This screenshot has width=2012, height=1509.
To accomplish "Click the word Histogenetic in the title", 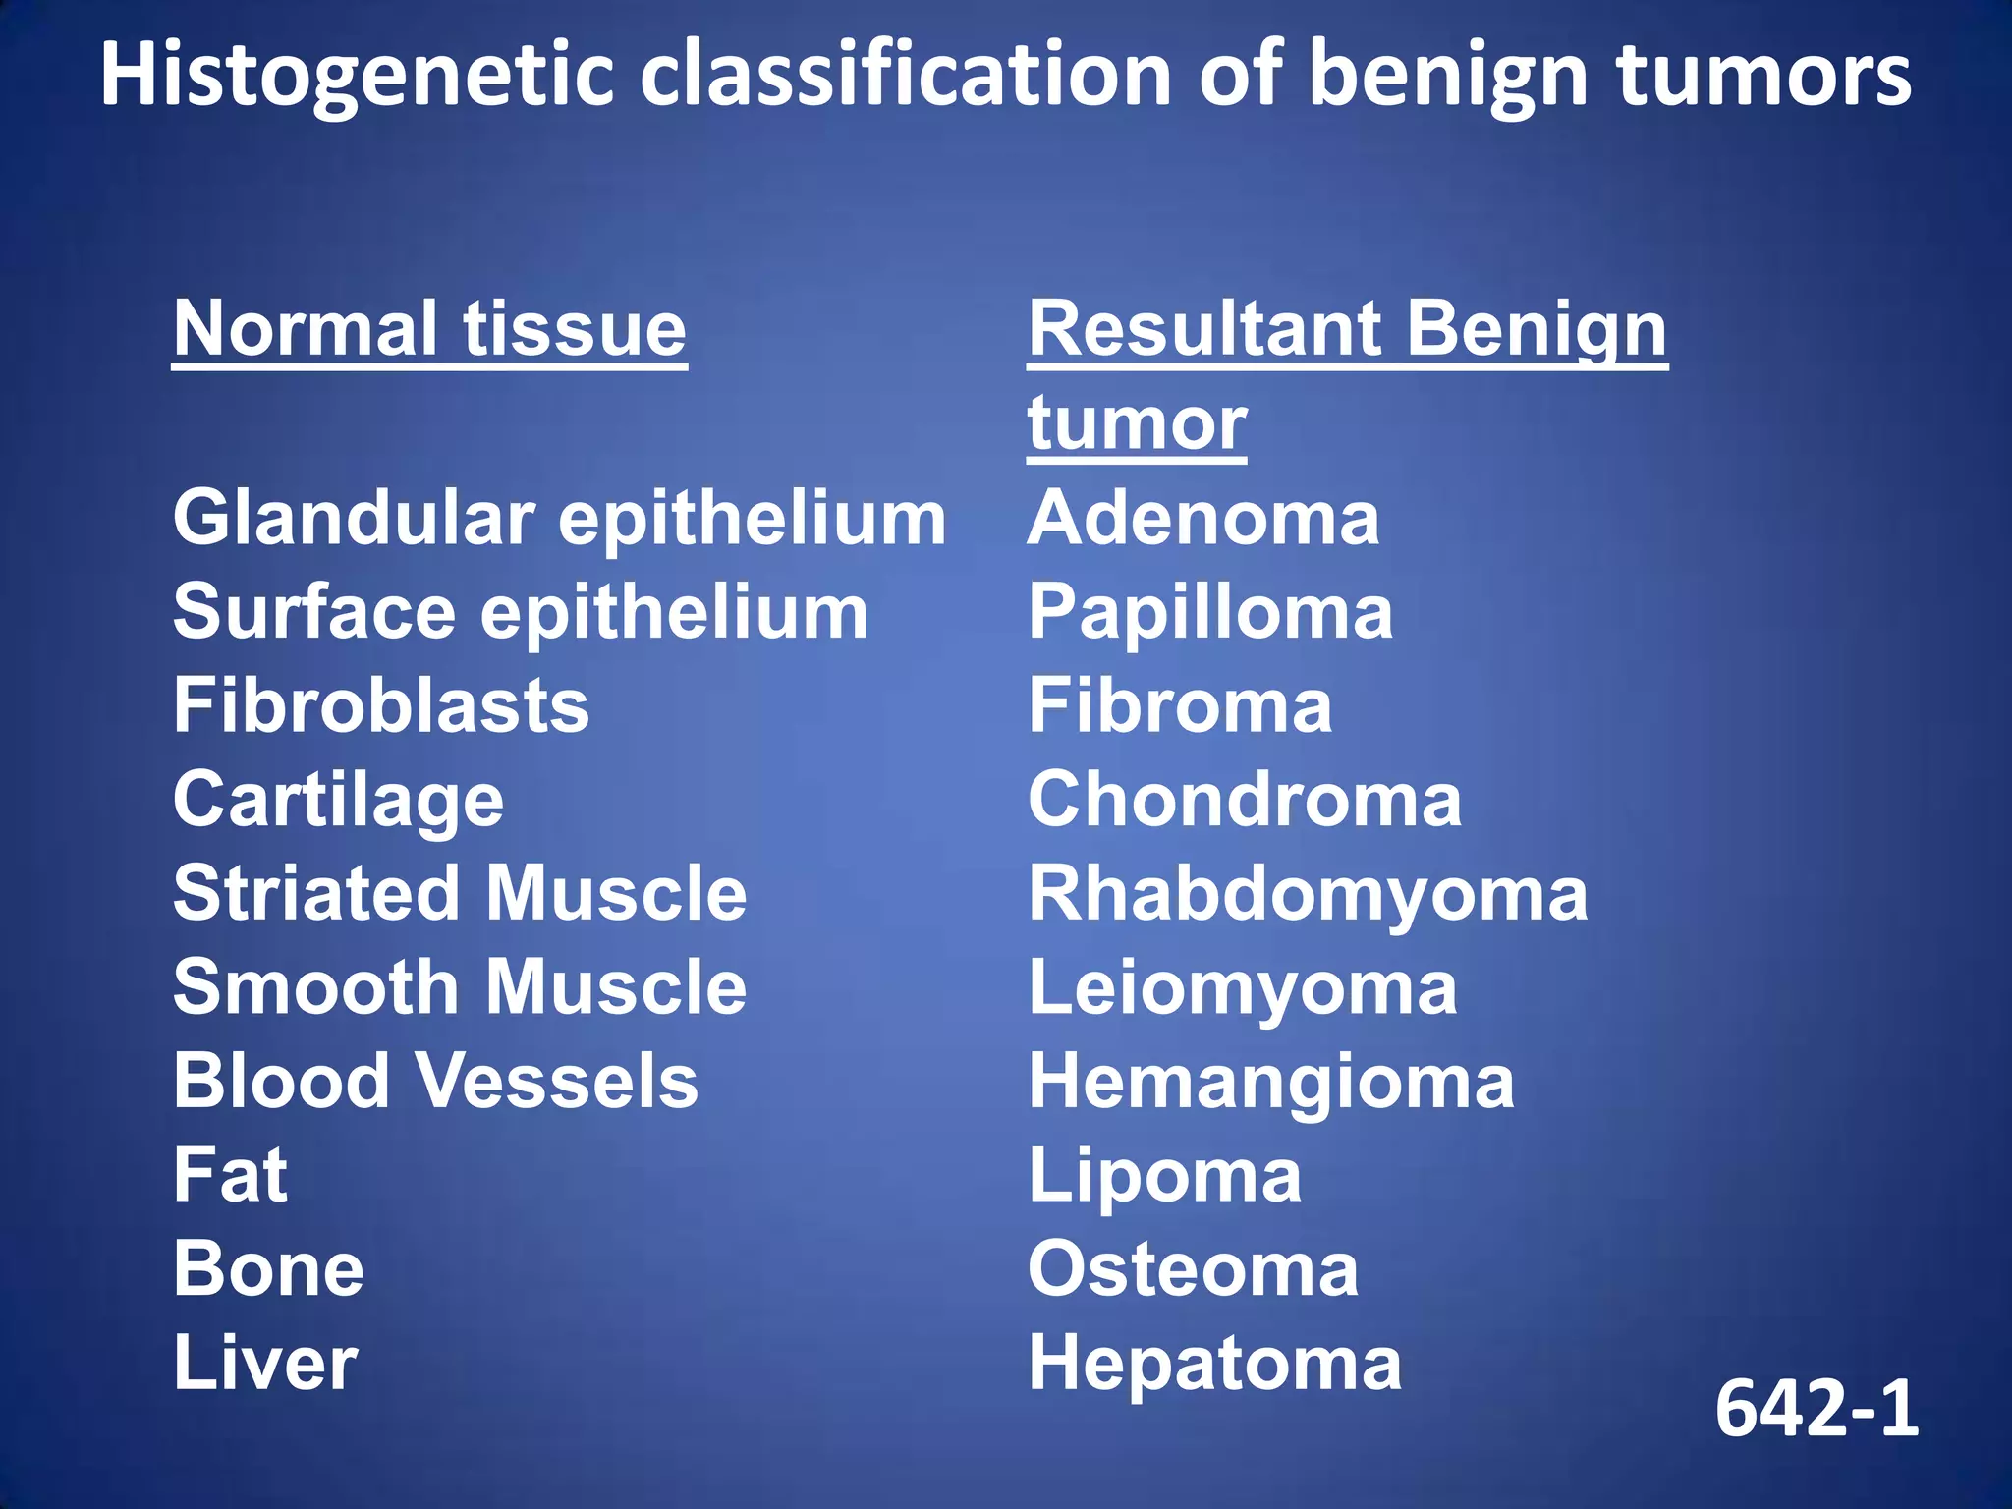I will point(360,77).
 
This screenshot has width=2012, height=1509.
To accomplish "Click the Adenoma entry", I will point(1203,518).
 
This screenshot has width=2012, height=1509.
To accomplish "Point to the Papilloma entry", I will point(1210,612).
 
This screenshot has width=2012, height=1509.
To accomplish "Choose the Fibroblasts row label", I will point(381,705).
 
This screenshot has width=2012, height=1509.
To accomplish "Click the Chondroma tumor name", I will point(1245,800).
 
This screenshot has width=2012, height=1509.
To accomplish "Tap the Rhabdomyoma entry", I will point(1308,895).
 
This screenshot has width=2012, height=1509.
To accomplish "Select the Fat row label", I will point(230,1175).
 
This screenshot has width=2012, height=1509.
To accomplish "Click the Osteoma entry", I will point(1193,1269).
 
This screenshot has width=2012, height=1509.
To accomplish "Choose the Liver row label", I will point(265,1364).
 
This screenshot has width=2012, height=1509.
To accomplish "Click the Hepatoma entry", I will point(1214,1364).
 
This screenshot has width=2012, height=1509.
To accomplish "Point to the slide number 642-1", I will point(1816,1409).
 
